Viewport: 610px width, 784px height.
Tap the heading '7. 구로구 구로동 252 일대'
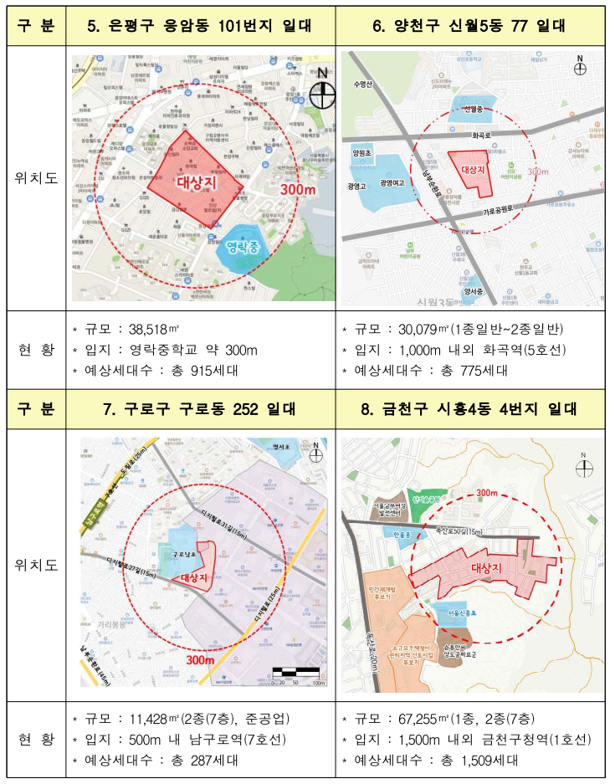(x=198, y=409)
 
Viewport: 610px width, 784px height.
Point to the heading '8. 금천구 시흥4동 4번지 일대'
(x=471, y=409)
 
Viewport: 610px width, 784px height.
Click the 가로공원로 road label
(x=506, y=212)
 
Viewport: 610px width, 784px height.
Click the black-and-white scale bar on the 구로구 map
(x=298, y=671)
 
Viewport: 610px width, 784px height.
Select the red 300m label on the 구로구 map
(x=201, y=660)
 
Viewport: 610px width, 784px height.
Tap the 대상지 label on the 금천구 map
(x=484, y=568)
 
